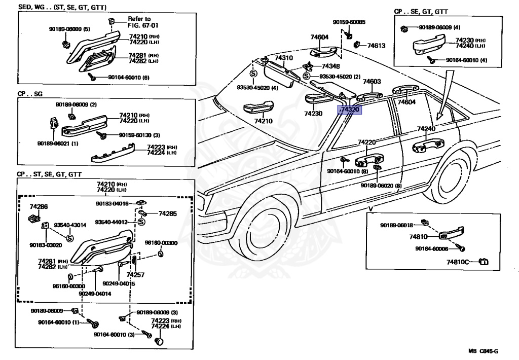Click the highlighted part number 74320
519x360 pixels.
(350, 111)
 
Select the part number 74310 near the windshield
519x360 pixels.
(284, 58)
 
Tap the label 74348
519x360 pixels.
(330, 66)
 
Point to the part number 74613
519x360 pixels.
(377, 46)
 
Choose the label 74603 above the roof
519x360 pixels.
(372, 81)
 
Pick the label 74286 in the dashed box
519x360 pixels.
(39, 207)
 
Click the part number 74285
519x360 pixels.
(168, 214)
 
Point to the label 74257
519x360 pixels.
(135, 274)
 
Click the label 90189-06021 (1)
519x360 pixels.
(57, 143)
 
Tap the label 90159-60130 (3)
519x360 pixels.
(139, 135)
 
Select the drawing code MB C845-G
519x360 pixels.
(483, 350)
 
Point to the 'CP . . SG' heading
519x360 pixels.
(31, 94)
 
